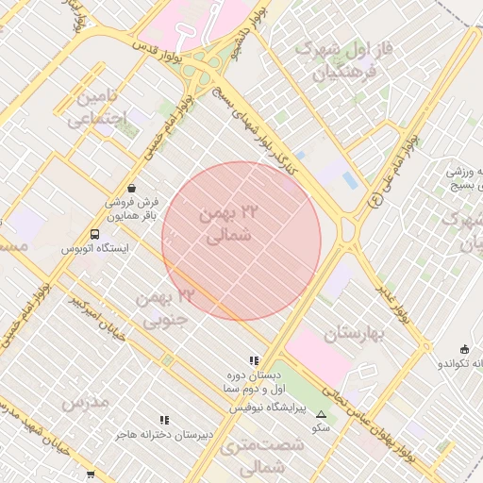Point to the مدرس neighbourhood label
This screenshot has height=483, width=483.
click(x=86, y=402)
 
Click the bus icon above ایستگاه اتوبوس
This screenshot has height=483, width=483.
click(x=94, y=234)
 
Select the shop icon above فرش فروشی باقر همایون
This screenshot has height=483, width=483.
click(x=131, y=187)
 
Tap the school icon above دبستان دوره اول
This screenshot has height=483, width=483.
click(x=253, y=360)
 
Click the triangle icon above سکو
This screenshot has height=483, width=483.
click(x=322, y=413)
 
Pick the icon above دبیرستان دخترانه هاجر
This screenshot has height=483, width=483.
click(x=164, y=420)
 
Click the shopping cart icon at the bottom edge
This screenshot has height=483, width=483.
click(x=91, y=475)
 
